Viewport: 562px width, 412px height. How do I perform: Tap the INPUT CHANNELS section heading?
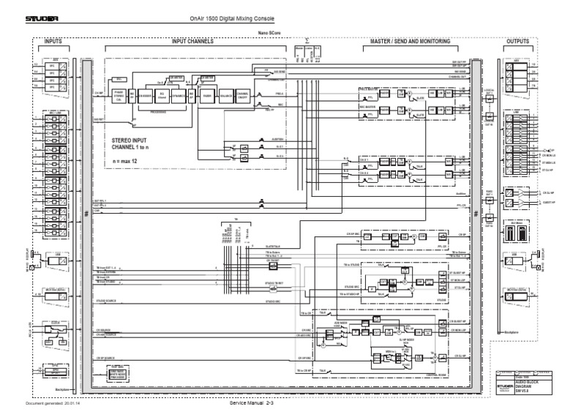[192, 42]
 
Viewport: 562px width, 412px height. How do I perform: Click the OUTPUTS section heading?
[518, 42]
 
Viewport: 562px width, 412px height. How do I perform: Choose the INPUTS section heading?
[53, 42]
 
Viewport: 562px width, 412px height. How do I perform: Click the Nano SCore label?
[268, 33]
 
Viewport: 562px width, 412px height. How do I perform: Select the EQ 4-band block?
[163, 95]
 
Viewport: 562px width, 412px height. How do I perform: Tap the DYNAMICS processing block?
[179, 95]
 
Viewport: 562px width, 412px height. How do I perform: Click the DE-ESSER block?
[146, 95]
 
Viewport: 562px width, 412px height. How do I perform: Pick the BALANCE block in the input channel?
[225, 95]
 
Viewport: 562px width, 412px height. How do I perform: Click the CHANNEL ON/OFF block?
[243, 95]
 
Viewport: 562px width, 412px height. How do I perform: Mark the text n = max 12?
[127, 158]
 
